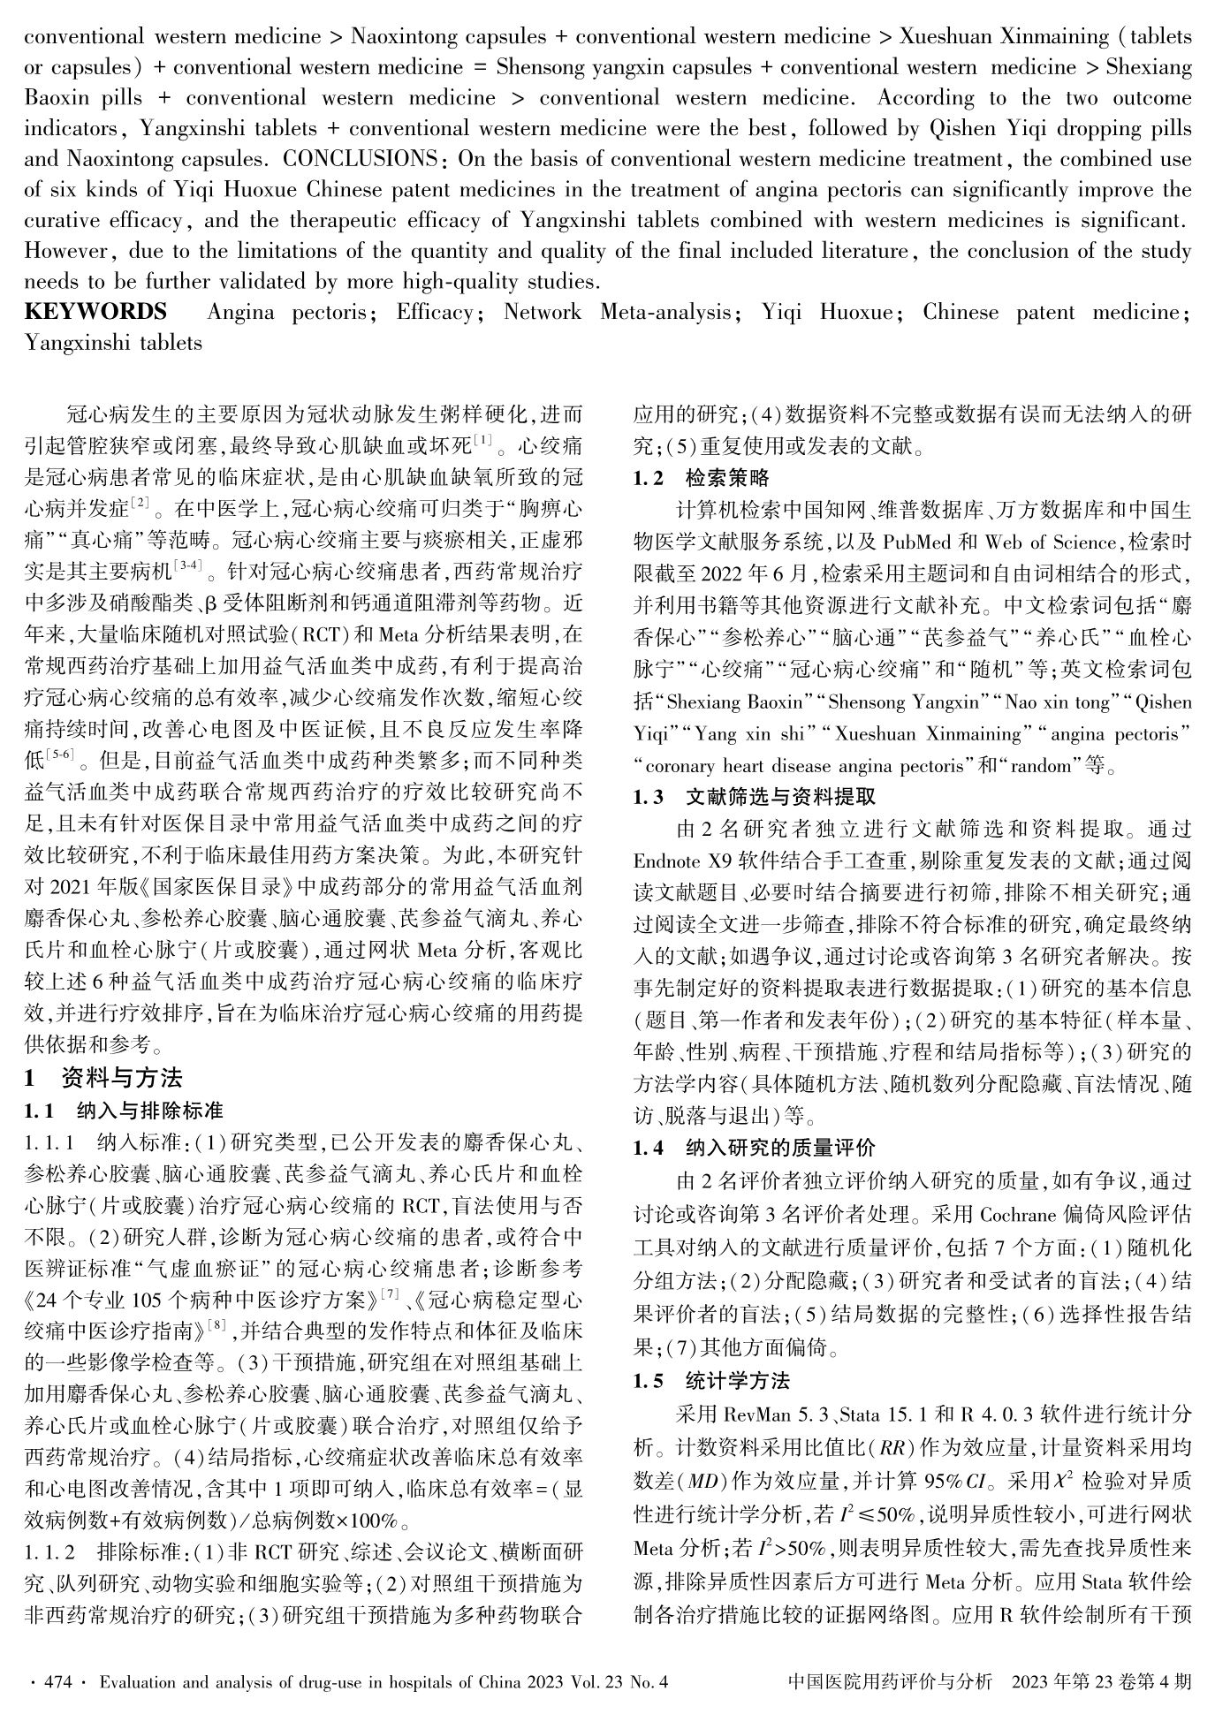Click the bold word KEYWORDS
(95, 313)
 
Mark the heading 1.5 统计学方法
(711, 1381)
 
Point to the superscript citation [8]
(217, 1323)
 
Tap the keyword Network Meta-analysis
(618, 313)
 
